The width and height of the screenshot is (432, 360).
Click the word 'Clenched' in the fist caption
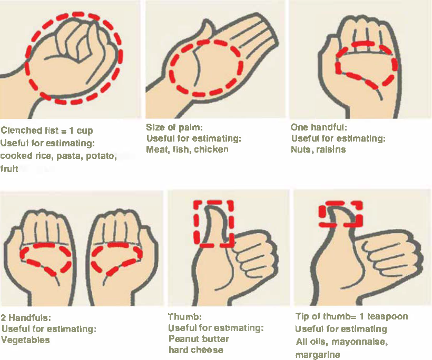click(20, 131)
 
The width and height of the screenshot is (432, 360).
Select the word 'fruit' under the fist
click(9, 169)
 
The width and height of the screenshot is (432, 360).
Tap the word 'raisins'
click(330, 149)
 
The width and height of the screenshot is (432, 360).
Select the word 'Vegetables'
click(25, 340)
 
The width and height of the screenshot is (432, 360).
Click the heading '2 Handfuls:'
click(26, 318)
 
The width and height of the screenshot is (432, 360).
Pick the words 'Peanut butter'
click(199, 339)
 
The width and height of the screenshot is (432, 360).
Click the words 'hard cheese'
click(195, 350)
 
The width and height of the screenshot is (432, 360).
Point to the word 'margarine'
click(318, 355)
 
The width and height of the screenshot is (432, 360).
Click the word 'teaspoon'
click(388, 316)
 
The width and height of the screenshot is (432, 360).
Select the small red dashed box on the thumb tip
click(340, 213)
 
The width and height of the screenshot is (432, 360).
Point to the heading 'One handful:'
click(319, 127)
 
